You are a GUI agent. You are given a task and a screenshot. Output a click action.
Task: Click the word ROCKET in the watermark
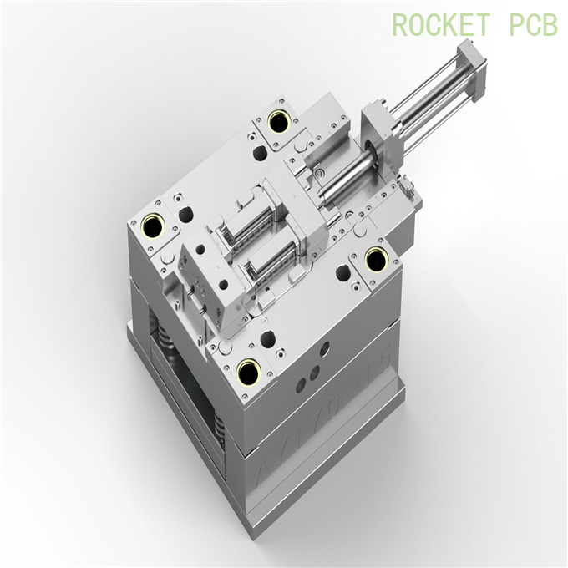pyautogui.click(x=442, y=25)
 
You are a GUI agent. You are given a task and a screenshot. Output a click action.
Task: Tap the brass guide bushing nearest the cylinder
pyautogui.click(x=280, y=121)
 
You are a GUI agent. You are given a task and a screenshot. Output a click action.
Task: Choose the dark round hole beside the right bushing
pyautogui.click(x=342, y=272)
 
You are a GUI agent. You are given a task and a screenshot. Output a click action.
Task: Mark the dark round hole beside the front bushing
pyautogui.click(x=267, y=338)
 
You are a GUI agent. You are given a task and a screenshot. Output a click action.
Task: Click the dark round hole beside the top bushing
pyautogui.click(x=261, y=153)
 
